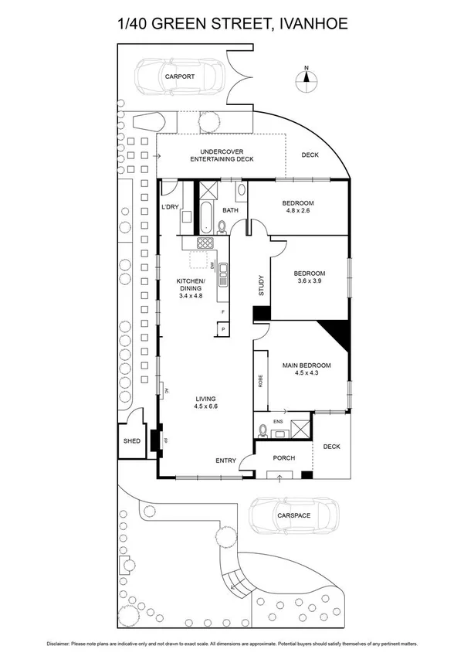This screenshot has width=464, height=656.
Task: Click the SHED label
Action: click(131, 441)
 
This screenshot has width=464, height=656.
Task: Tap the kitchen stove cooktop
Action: click(205, 243)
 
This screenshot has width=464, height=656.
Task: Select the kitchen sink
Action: click(223, 271)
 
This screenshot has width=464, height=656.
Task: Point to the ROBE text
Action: click(259, 382)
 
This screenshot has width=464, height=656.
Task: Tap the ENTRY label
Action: click(225, 461)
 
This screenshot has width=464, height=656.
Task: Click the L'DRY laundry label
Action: click(171, 207)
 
